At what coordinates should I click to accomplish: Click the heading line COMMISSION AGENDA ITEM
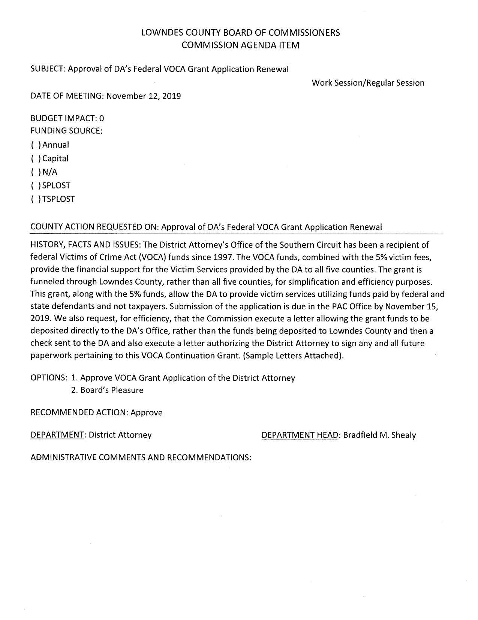240,45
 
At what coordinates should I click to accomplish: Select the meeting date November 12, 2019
144,96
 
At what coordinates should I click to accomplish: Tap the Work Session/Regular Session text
368,83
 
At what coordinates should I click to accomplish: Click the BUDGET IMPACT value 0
102,119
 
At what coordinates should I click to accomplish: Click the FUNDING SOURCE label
66,131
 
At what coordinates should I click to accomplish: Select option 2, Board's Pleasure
107,390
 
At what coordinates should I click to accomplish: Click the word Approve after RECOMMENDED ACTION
147,413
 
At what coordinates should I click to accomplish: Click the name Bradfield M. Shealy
379,435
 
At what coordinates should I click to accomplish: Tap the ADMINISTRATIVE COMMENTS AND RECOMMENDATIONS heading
141,457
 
